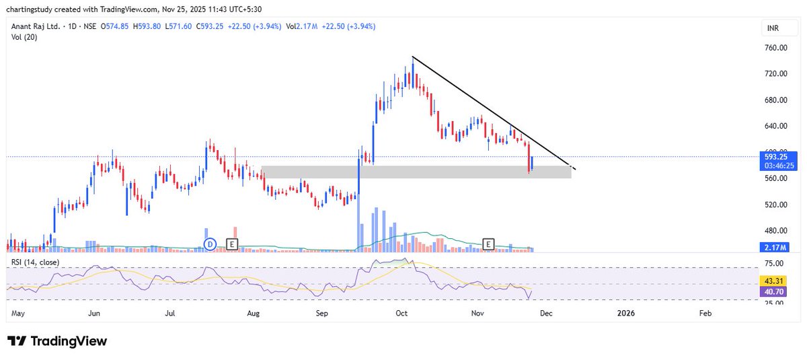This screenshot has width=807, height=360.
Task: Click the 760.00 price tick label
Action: (x=775, y=48)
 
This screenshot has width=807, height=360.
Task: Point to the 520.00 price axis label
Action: (x=775, y=205)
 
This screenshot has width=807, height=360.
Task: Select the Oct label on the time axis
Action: (x=402, y=314)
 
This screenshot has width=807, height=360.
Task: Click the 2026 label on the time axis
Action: (x=625, y=314)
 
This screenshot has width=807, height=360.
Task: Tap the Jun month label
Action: (x=94, y=314)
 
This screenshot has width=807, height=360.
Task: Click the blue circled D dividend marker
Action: (x=210, y=244)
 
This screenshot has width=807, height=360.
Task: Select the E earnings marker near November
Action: (x=489, y=244)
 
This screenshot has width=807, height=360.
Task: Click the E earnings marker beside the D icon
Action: (x=232, y=244)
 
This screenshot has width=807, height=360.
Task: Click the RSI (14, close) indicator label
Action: (x=34, y=262)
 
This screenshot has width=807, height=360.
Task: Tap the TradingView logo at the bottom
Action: (x=58, y=341)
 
